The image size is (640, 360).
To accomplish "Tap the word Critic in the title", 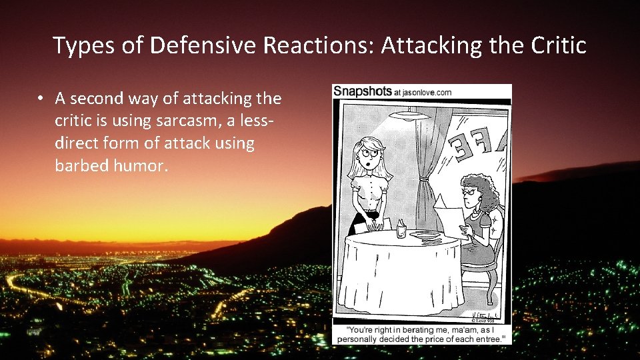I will [558, 45].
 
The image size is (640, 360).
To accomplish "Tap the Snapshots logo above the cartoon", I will [363, 91].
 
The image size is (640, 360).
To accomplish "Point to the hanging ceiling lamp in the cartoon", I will [409, 115].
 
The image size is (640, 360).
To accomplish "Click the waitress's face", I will [369, 154].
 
